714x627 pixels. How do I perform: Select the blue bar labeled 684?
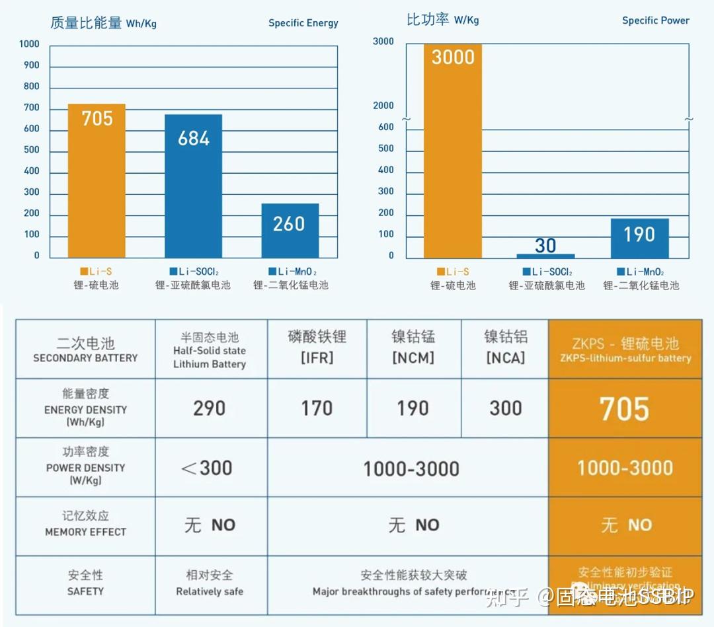click(193, 186)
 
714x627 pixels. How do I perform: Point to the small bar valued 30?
click(545, 255)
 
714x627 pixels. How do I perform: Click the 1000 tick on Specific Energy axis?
click(29, 44)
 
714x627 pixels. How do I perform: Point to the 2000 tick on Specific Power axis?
click(383, 106)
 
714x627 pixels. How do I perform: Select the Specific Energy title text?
click(303, 23)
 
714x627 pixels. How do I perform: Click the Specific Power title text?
click(655, 20)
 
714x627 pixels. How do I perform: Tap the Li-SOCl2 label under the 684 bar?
click(194, 272)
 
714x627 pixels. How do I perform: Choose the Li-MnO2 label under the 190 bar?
click(641, 272)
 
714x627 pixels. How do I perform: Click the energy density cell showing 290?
click(210, 408)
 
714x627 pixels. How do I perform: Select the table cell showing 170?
click(317, 408)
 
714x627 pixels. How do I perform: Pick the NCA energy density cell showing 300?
click(506, 408)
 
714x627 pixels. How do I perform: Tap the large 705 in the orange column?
click(624, 409)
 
